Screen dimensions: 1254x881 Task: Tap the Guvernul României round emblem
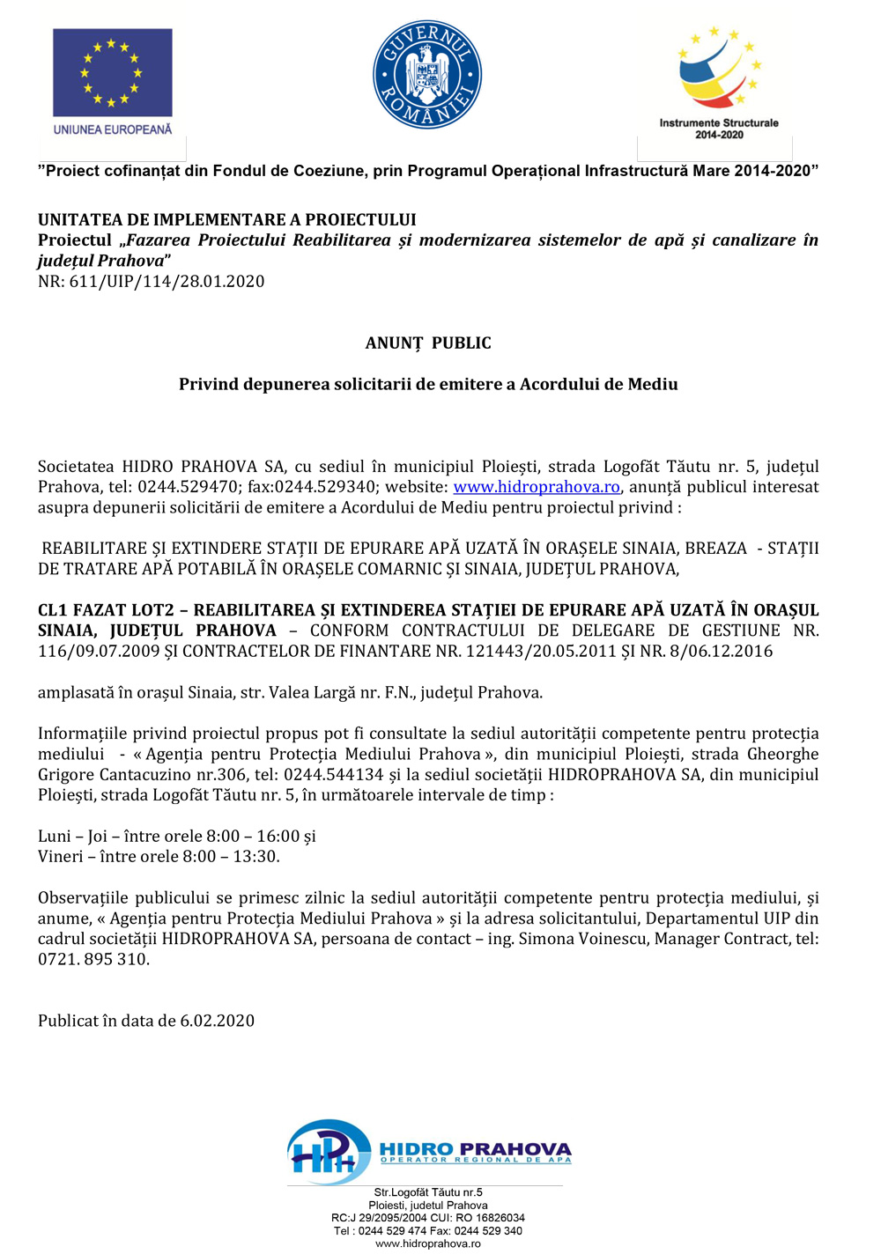[427, 75]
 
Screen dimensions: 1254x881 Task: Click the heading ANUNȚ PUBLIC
[428, 343]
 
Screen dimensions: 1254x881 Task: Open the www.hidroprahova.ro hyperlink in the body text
[537, 487]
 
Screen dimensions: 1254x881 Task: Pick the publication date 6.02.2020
[218, 1022]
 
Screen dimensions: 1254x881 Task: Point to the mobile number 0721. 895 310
[93, 960]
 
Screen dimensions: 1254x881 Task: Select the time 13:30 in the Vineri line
[260, 857]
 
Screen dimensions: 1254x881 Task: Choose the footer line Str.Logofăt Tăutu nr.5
[428, 1192]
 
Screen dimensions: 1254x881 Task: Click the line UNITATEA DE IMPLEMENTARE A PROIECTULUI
[227, 220]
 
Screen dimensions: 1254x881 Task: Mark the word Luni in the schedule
[55, 837]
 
